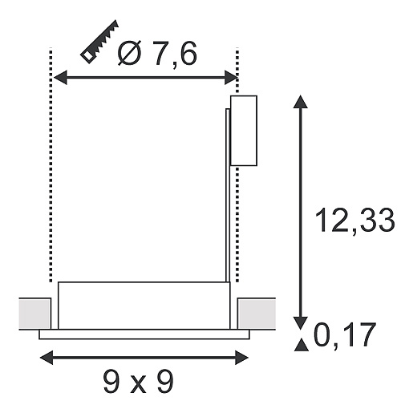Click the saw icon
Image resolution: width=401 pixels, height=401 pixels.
pos(99,42)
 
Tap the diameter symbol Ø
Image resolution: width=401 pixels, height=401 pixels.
pos(129,53)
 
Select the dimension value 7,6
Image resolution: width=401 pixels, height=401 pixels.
pos(175,54)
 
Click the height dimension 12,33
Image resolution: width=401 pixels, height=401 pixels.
pos(354,221)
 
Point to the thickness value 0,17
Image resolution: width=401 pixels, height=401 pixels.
pos(345,335)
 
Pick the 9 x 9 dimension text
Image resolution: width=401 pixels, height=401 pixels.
pos(138,382)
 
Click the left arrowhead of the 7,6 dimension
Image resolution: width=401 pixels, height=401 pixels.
pos(60,78)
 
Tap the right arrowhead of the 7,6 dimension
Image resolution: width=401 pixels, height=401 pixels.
pos(231,78)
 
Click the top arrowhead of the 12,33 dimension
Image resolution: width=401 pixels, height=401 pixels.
pos(301,102)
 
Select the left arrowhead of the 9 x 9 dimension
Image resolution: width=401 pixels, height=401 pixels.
pos(47,358)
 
